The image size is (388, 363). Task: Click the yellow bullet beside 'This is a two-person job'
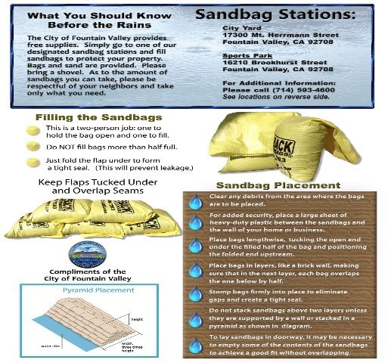(x=33, y=130)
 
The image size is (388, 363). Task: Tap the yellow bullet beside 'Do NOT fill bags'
(x=33, y=145)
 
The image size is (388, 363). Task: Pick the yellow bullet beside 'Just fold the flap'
(x=33, y=162)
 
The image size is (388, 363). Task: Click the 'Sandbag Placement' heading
(x=278, y=185)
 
